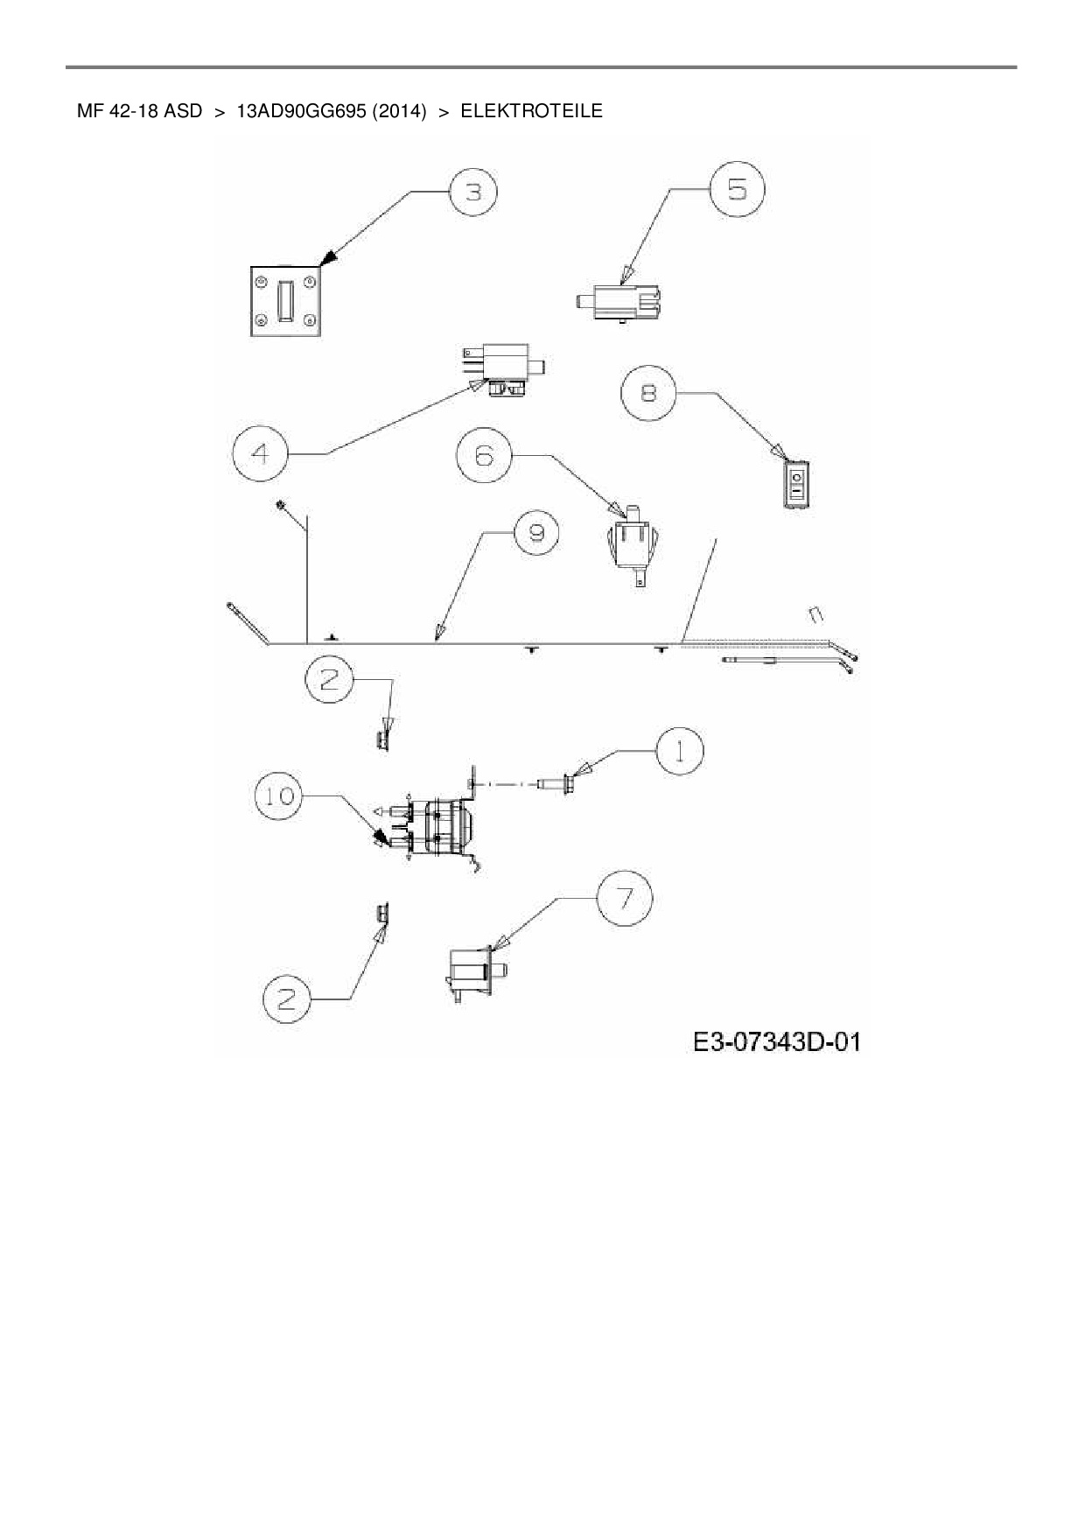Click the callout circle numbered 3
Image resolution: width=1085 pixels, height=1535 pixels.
473,192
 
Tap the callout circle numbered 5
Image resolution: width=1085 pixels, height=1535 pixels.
737,189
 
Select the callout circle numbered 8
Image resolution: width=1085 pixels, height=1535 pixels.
648,393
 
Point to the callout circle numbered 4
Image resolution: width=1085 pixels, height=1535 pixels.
261,453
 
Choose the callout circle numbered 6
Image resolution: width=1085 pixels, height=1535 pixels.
484,455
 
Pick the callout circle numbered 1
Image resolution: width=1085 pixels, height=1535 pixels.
679,751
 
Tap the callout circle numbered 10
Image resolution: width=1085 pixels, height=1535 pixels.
279,796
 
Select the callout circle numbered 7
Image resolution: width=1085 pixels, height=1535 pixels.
625,898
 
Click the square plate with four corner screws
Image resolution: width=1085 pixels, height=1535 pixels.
286,301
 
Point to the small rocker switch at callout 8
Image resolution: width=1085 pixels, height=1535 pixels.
796,483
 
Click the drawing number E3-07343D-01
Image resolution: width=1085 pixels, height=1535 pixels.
776,1041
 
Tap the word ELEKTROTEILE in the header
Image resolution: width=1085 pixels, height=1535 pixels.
531,111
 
